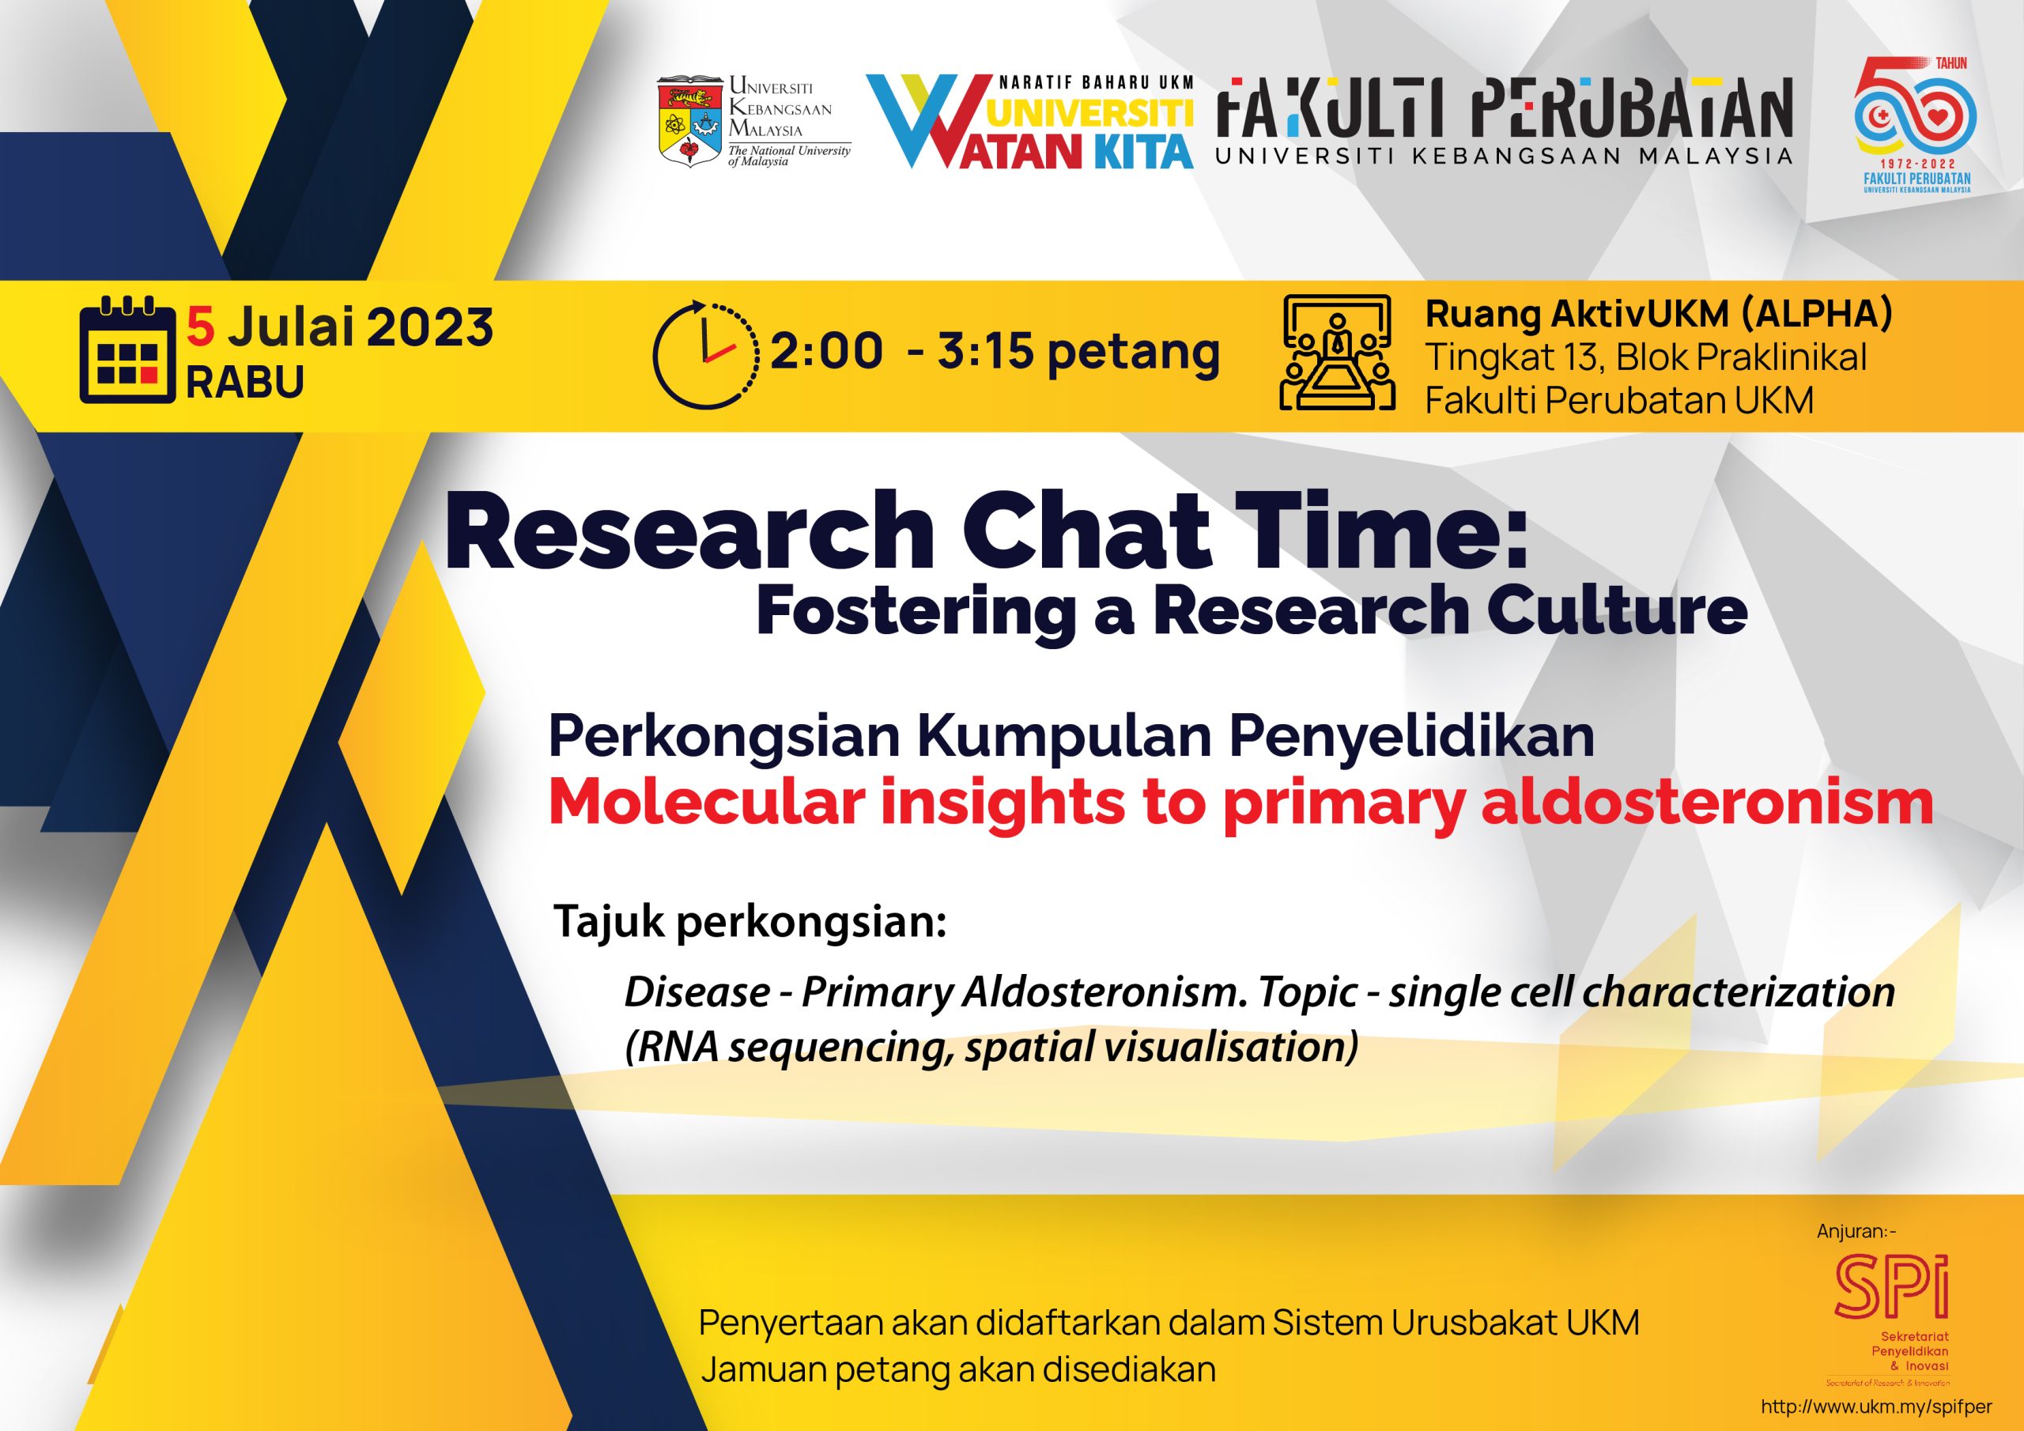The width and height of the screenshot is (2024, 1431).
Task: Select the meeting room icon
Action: click(1337, 353)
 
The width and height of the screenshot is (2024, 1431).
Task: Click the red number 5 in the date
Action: click(201, 328)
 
